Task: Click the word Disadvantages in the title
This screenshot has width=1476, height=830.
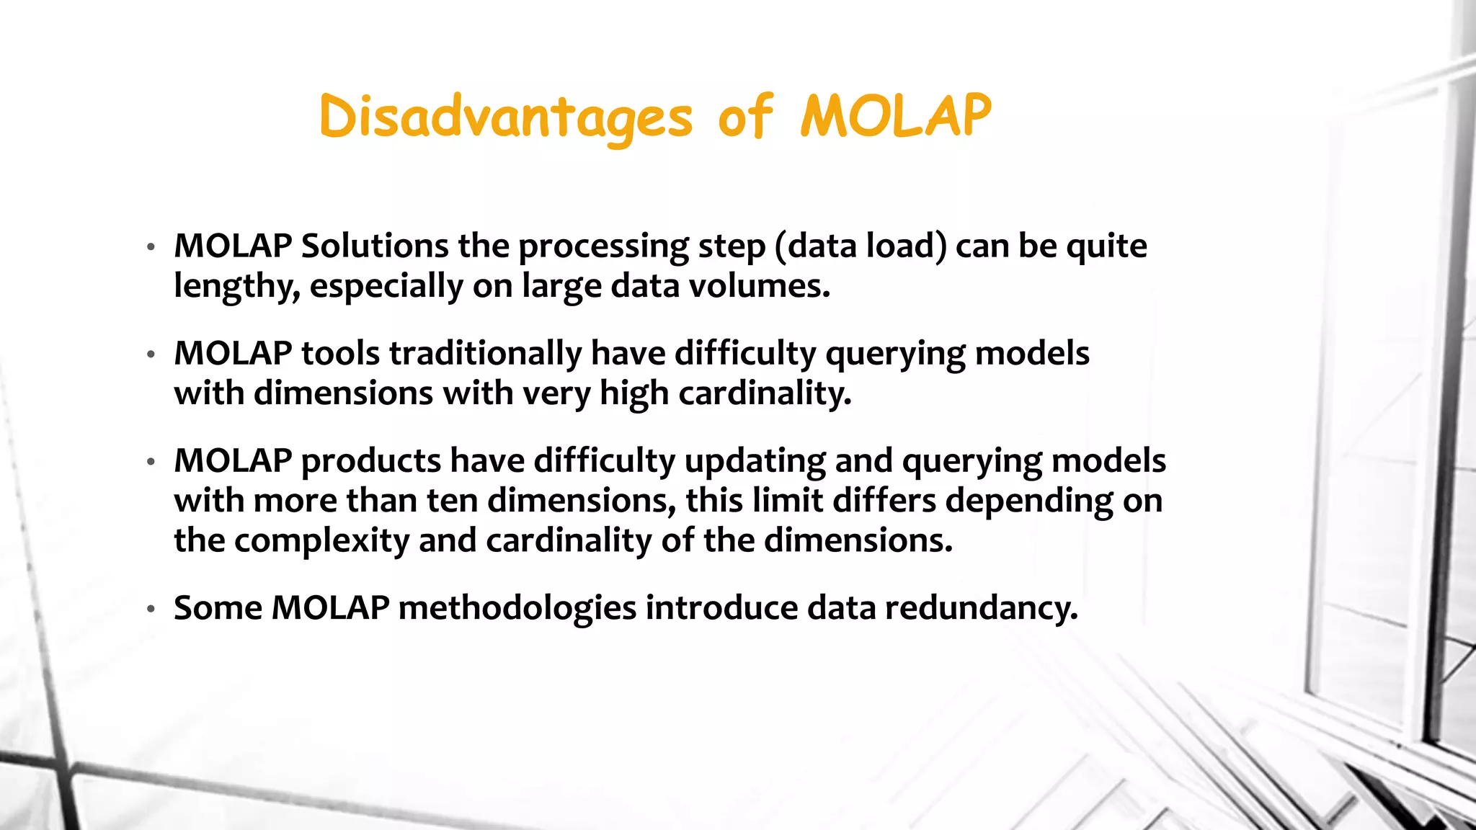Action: pos(505,117)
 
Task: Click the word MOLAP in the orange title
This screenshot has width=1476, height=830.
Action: pos(896,117)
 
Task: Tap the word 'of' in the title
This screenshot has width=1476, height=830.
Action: pos(745,117)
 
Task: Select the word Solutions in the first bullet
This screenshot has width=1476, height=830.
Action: pos(375,246)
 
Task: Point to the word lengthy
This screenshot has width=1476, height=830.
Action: pos(236,287)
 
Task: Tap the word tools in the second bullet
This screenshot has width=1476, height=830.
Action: pos(340,354)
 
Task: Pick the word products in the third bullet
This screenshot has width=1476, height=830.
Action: pos(370,461)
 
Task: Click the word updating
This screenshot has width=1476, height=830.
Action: pos(755,461)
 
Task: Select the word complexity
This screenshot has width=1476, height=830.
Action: pos(321,540)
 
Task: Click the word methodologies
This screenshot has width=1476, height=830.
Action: pos(517,608)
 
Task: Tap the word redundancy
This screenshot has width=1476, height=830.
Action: pos(981,608)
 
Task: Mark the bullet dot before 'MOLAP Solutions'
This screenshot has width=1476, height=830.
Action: pos(151,248)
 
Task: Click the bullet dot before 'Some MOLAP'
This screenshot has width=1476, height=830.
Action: pos(151,610)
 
